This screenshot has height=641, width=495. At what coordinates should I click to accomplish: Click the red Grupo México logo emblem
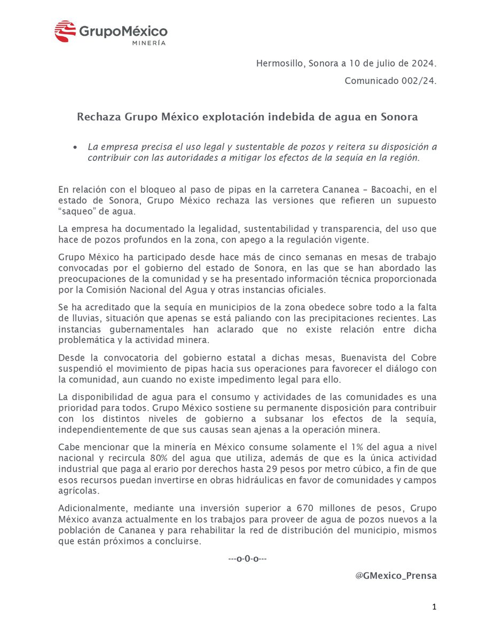pos(65,32)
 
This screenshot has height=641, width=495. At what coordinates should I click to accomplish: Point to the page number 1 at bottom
pos(434,607)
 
